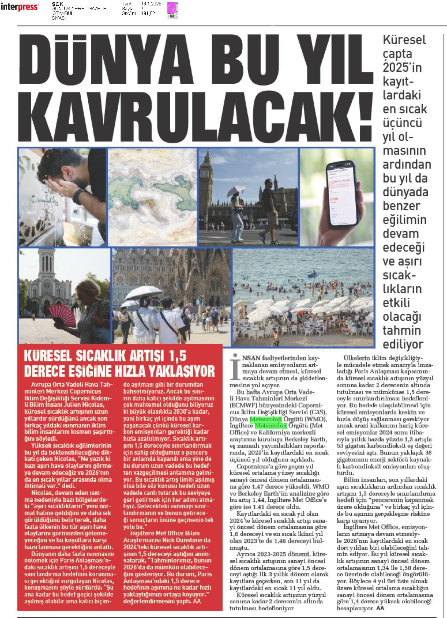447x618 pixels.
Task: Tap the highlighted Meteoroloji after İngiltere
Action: [x=271, y=425]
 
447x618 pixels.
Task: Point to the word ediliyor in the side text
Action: [x=403, y=344]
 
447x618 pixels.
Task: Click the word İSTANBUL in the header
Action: [x=62, y=13]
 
